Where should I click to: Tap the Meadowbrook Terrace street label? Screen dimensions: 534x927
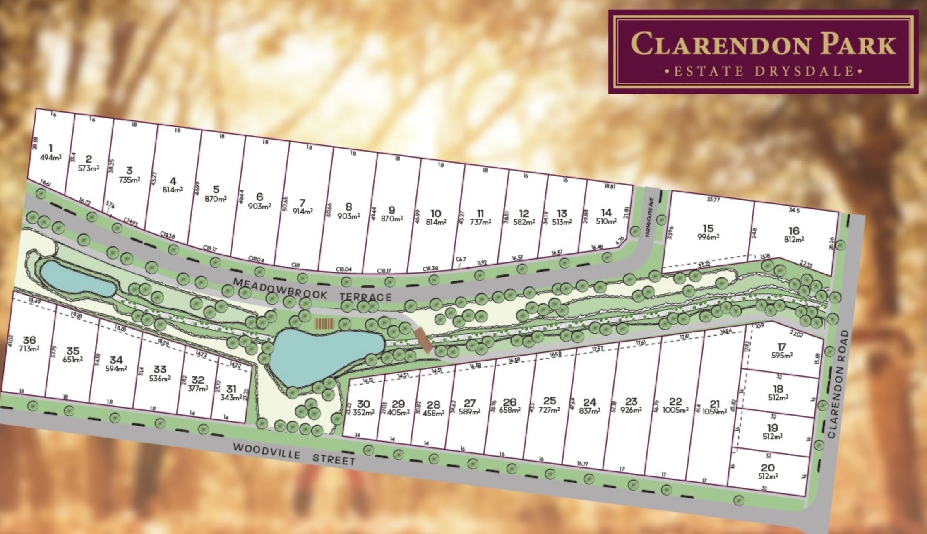312,290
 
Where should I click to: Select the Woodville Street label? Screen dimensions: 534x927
294,454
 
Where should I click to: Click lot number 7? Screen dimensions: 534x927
303,202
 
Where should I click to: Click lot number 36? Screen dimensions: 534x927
29,340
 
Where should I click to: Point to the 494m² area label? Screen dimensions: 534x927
51,157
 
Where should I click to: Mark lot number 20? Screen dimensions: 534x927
768,468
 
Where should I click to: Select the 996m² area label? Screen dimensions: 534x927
707,237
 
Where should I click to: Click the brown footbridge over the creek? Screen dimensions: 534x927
423,339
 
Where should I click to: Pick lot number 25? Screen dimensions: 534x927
550,401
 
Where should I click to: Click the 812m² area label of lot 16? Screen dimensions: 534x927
794,239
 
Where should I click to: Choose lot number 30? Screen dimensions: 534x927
363,404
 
